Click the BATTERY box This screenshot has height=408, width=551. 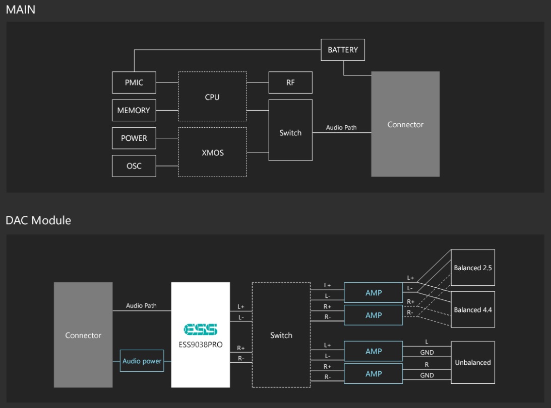(343, 50)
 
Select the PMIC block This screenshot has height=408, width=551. (134, 83)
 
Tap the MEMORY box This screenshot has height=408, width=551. (134, 110)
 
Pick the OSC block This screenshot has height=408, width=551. (134, 166)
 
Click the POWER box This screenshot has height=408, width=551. (134, 138)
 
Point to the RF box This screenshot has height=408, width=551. (290, 83)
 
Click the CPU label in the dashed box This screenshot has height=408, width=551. (212, 97)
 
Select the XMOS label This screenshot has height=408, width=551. (213, 152)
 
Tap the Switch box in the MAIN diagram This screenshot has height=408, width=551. (290, 130)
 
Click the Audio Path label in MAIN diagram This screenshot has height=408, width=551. (341, 127)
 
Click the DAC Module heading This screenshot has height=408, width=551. (38, 220)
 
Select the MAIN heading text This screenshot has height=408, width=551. (21, 10)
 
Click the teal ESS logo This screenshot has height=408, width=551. (200, 330)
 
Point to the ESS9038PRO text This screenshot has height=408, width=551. (200, 345)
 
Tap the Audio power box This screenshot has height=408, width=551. (142, 361)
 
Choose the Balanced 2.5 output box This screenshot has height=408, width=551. (473, 267)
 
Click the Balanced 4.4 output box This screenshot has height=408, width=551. (473, 309)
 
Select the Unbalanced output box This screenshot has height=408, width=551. (473, 362)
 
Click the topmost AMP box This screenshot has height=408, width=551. (373, 293)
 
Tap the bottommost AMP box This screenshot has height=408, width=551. (373, 374)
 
